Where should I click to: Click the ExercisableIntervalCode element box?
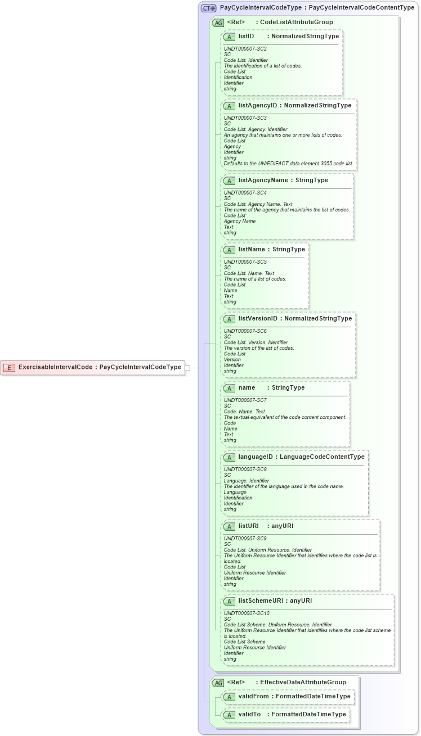coord(93,367)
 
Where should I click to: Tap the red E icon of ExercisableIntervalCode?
coord(9,368)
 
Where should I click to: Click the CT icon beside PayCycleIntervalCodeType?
coord(209,8)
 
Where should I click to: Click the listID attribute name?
coord(246,36)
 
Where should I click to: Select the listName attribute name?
coord(251,249)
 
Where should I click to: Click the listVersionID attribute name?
coord(258,318)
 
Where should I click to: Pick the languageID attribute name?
coord(256,457)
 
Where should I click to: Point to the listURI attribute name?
coord(248,526)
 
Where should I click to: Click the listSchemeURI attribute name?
coord(260,600)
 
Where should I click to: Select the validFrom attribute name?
coord(253,696)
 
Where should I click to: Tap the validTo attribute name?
coord(249,714)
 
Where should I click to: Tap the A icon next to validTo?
coord(230,715)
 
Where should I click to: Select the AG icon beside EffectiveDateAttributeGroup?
coord(218,683)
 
